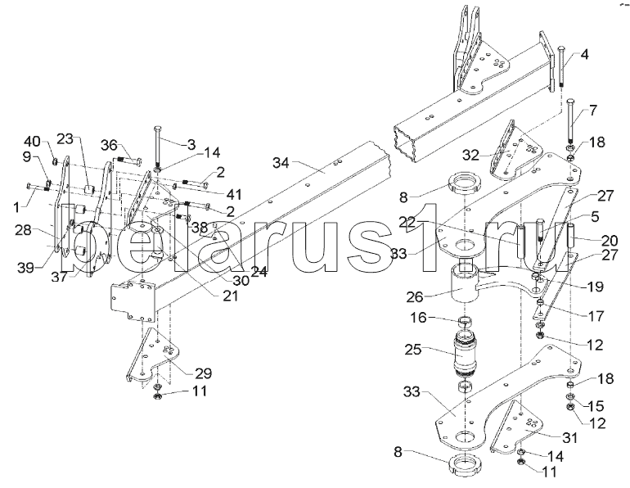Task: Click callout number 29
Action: [202, 373]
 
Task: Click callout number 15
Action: [596, 405]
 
